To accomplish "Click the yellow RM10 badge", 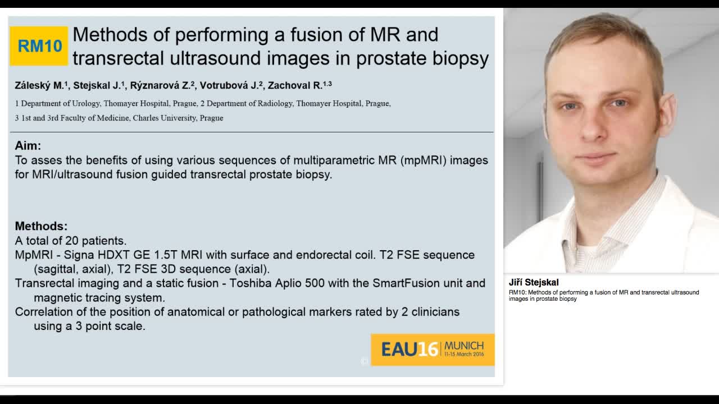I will point(39,46).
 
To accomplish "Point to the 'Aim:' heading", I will point(28,146).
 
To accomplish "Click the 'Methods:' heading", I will point(41,226).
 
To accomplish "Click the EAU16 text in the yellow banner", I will point(409,350).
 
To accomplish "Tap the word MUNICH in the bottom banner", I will point(463,346).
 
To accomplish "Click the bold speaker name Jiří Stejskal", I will point(534,283).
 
